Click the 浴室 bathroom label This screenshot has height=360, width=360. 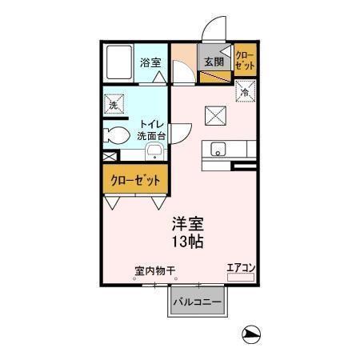point(150,62)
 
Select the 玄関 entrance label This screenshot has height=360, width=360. point(212,62)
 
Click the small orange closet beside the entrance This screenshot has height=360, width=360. point(243,62)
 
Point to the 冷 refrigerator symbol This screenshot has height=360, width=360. point(245,93)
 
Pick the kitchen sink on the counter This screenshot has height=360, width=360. point(219,150)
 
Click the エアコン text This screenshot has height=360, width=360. point(240,268)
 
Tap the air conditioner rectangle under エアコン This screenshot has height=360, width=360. point(240,278)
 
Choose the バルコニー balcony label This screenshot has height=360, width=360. point(200,302)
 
